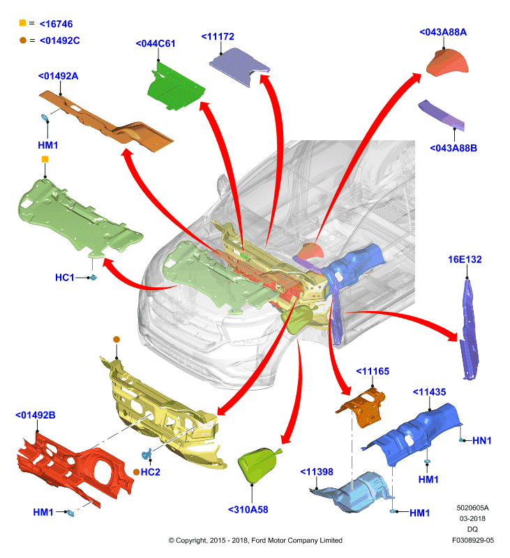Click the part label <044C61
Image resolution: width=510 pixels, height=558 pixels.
tap(156, 43)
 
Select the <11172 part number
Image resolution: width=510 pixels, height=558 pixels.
tap(218, 36)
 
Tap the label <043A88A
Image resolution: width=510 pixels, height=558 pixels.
tap(443, 32)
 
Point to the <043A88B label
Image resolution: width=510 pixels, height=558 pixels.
tap(453, 148)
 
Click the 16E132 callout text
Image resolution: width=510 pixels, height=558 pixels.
tap(465, 259)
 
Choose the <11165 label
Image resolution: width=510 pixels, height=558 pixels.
tap(373, 371)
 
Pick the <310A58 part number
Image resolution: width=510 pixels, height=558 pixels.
tap(248, 510)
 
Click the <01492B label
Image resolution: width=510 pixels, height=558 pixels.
tap(36, 415)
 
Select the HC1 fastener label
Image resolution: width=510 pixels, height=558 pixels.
tap(64, 278)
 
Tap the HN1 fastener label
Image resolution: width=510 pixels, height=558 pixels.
tap(482, 441)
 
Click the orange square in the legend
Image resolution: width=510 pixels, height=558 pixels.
tap(22, 23)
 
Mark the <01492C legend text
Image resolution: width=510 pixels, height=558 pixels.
tap(60, 40)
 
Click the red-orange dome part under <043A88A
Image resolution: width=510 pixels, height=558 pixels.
tap(447, 63)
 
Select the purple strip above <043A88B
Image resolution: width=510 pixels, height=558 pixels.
tap(442, 114)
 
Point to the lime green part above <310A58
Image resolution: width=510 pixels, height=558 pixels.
tap(258, 465)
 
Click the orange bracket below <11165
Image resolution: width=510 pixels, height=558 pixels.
tap(362, 407)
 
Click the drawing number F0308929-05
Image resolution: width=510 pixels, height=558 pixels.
tap(473, 540)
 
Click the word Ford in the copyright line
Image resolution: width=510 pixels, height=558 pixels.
tap(259, 541)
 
